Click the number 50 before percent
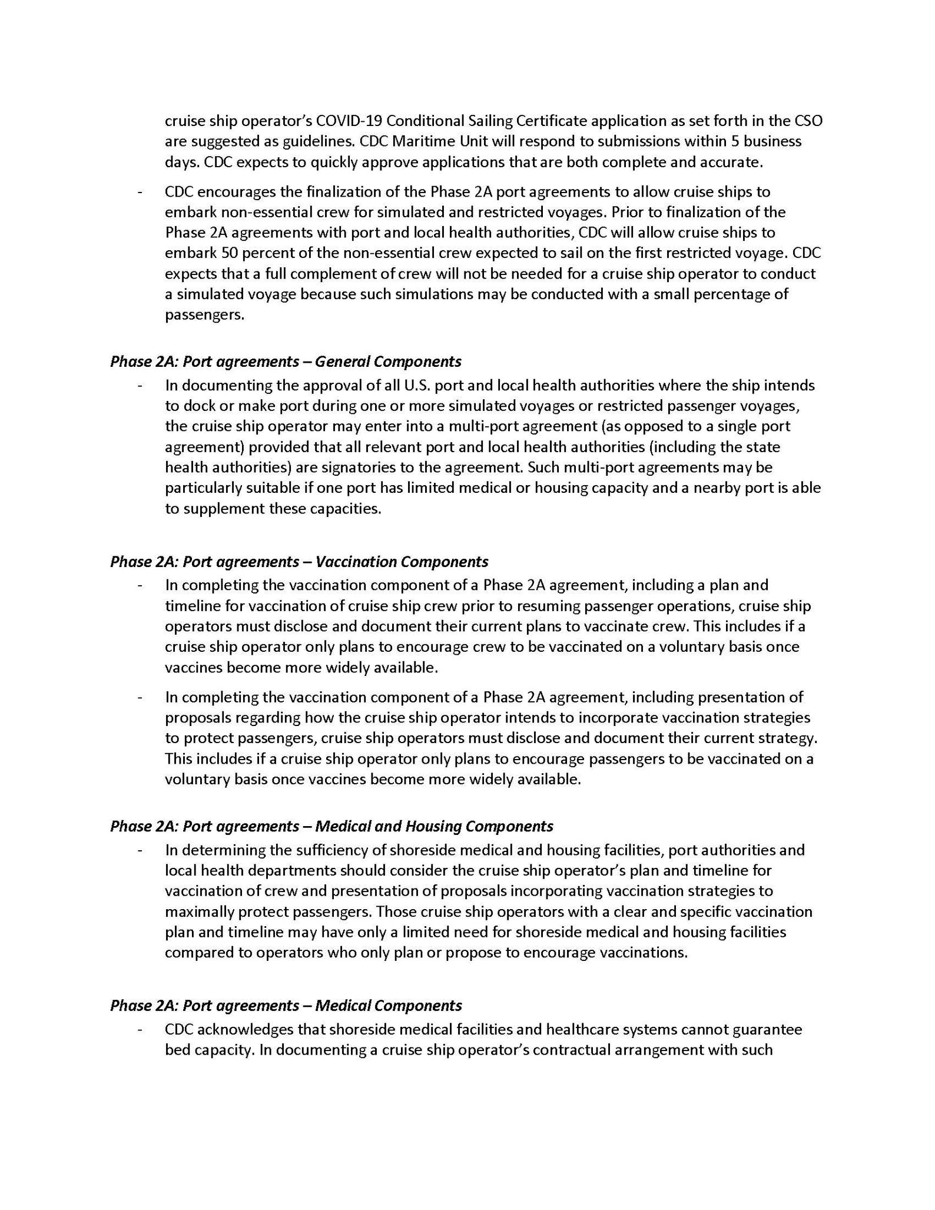[229, 253]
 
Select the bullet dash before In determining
[140, 850]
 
